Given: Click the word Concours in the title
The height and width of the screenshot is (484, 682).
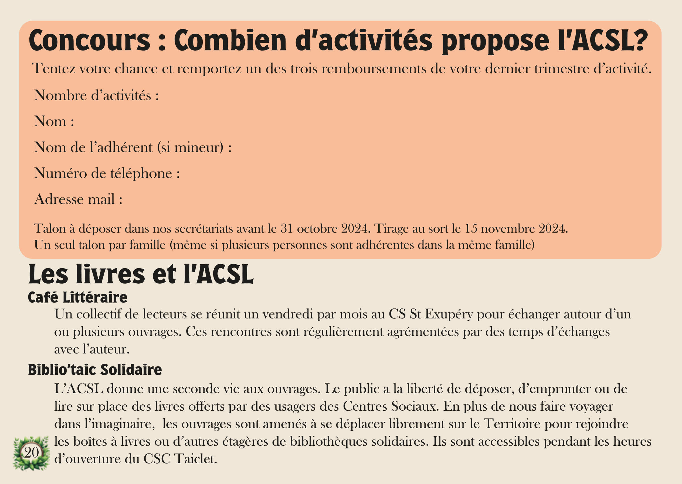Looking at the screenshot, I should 90,41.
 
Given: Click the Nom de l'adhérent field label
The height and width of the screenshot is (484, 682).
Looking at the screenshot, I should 133,147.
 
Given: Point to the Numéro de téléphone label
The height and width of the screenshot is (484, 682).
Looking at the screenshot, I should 107,173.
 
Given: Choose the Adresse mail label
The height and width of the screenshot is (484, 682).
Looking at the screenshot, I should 78,199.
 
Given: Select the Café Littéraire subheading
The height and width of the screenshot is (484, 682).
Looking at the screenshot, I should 77,297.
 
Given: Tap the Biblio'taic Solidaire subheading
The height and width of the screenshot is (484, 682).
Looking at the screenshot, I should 95,370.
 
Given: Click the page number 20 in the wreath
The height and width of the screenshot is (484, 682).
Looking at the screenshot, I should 31,453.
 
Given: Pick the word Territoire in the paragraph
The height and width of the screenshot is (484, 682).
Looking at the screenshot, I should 512,424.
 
